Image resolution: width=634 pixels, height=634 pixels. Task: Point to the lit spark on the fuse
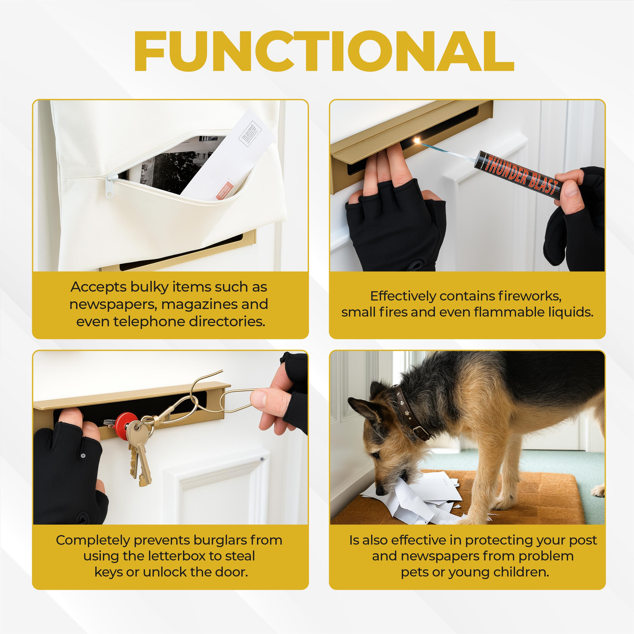coord(417,141)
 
